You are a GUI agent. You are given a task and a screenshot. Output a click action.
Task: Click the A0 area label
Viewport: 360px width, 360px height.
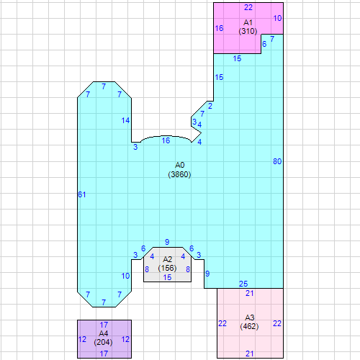[x=179, y=166]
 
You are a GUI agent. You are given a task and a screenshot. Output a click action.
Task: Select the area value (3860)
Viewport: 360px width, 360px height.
[x=179, y=174]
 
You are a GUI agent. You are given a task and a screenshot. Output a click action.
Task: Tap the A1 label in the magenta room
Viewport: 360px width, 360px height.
[x=248, y=23]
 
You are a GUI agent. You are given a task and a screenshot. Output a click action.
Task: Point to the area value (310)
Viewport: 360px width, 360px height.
[x=248, y=32]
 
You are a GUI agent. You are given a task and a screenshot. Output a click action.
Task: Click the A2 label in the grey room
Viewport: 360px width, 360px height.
[x=168, y=259]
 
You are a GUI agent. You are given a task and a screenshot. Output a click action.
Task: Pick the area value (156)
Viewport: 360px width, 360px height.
[x=168, y=268]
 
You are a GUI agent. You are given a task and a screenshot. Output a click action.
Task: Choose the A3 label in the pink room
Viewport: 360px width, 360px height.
[x=250, y=318]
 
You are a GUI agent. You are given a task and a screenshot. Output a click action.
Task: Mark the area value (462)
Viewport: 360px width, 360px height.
[x=250, y=326]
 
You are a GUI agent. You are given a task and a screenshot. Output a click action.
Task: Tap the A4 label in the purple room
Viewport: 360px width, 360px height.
[x=104, y=334]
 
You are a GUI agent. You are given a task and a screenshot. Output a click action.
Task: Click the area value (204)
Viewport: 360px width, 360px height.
[x=104, y=343]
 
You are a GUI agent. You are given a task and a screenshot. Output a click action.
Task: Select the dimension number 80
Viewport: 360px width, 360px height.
[x=277, y=161]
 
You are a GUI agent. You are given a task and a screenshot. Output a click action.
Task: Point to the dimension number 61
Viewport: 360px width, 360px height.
[x=81, y=195]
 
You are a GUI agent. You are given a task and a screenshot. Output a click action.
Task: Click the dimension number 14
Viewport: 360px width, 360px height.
[x=126, y=120]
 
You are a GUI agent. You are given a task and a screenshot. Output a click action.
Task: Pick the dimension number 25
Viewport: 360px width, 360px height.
[x=243, y=284]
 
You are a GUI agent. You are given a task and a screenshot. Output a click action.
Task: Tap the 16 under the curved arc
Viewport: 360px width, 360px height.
[x=166, y=140]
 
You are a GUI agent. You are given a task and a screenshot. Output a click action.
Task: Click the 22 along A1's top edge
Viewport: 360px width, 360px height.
[x=248, y=7]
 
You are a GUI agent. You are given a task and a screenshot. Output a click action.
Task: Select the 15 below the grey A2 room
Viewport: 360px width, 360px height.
[x=168, y=277]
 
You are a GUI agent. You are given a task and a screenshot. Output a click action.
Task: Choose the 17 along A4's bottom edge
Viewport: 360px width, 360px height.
[x=104, y=354]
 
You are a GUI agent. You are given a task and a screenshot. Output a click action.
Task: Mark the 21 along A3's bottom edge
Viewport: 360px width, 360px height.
[x=250, y=354]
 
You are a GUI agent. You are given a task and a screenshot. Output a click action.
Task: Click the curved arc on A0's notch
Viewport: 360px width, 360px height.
[x=166, y=135]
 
